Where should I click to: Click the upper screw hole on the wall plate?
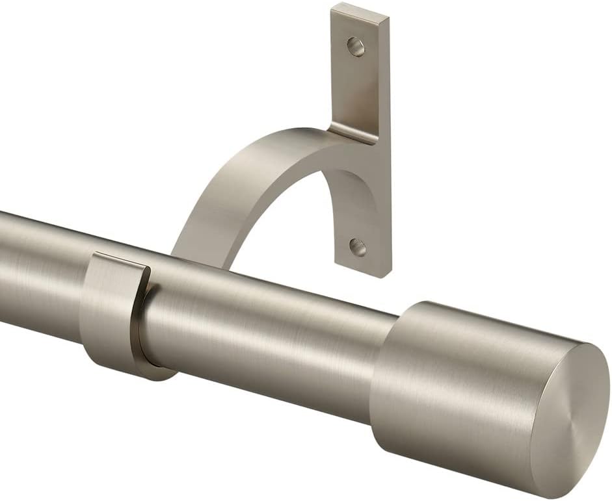click(356, 46)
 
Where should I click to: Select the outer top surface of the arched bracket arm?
click(254, 162)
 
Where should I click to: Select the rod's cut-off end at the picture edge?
click(3, 260)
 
